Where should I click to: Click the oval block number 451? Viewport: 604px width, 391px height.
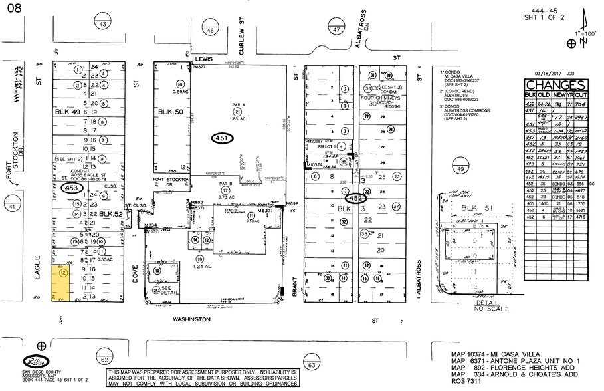pyautogui.click(x=224, y=138)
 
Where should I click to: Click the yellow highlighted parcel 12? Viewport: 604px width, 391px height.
pyautogui.click(x=62, y=284)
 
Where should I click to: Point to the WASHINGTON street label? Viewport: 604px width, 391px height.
pyautogui.click(x=191, y=319)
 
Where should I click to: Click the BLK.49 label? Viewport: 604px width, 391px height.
pyautogui.click(x=68, y=112)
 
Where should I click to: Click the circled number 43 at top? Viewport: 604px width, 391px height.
pyautogui.click(x=102, y=25)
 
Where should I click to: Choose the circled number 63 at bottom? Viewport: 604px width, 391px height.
pyautogui.click(x=311, y=364)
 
